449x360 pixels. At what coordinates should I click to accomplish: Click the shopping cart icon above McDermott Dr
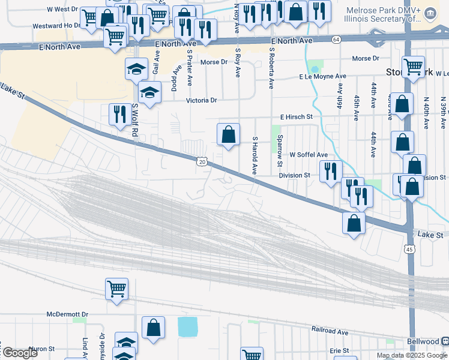click(116, 289)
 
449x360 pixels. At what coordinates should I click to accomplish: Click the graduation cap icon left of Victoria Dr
click(149, 92)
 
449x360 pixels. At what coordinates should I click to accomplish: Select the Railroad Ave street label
click(330, 331)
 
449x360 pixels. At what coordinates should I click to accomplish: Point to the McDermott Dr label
click(68, 314)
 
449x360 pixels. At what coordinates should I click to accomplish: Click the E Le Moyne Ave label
click(323, 77)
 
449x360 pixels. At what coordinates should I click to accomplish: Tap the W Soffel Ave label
click(309, 154)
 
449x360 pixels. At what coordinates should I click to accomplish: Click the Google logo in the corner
click(20, 352)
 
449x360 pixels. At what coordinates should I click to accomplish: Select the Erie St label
click(340, 350)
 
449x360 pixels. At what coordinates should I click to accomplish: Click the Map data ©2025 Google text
click(411, 355)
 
